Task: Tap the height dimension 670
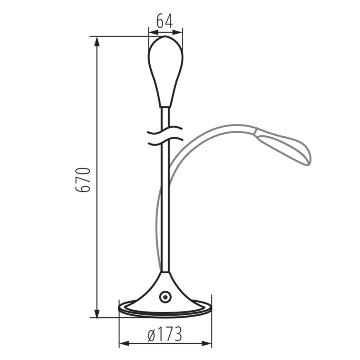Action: pyautogui.click(x=83, y=179)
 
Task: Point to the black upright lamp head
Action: pyautogui.click(x=165, y=71)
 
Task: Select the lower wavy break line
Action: pyautogui.click(x=165, y=142)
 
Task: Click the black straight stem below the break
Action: pyautogui.click(x=165, y=207)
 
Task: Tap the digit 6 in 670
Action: pyautogui.click(x=83, y=187)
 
